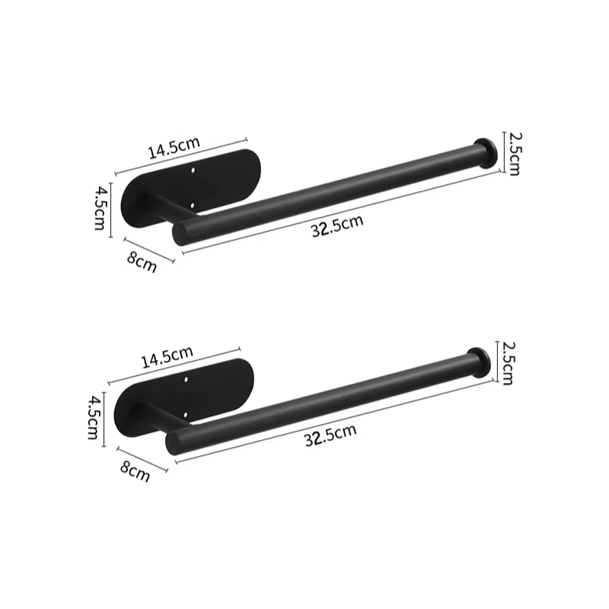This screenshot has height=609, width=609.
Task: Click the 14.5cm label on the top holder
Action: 174,148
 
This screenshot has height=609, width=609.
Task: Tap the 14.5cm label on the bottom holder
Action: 167,357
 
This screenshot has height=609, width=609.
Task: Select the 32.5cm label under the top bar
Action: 337,225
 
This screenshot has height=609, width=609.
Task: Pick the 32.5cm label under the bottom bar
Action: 330,435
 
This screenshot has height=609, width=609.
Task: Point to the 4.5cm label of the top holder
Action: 100,209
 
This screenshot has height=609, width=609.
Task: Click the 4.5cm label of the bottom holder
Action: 93,418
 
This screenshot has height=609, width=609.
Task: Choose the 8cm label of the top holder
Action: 142,262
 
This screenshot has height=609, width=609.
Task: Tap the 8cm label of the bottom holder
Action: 135,470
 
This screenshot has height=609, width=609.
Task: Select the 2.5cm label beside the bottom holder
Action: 507,363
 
